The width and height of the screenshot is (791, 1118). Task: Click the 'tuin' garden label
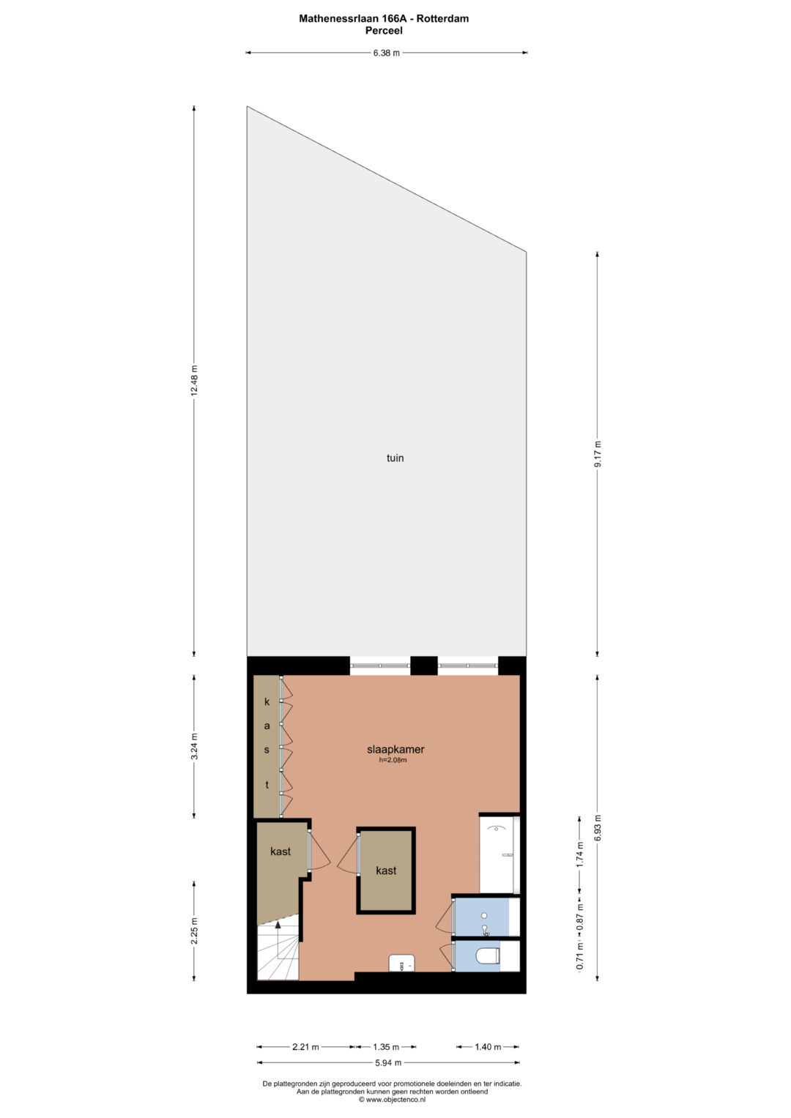tap(395, 458)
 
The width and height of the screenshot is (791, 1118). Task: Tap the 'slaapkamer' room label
tap(395, 749)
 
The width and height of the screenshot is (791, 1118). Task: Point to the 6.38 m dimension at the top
tap(387, 53)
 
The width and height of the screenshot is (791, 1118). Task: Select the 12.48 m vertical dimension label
tap(194, 380)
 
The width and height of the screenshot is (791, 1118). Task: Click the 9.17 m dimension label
tap(598, 454)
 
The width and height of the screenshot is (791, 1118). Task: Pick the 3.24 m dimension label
tap(194, 746)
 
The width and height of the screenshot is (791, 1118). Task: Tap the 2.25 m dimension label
tap(194, 931)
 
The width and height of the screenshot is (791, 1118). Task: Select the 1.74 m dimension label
tap(580, 855)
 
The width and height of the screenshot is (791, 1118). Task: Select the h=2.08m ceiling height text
tap(393, 760)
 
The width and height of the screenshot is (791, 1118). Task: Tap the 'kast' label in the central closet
tap(386, 871)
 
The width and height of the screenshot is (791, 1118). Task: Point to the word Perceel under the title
tap(384, 31)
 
